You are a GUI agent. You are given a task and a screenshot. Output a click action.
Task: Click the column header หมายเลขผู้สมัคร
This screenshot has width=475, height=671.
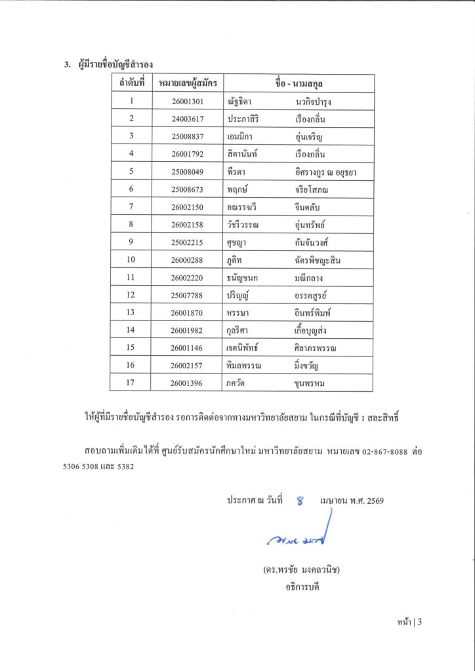[188, 84]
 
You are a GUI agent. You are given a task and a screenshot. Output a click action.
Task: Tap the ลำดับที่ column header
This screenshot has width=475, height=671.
[131, 84]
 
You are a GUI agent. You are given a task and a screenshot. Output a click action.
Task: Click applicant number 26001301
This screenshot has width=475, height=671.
[188, 102]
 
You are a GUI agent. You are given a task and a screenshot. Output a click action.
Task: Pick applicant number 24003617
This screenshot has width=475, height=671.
[188, 119]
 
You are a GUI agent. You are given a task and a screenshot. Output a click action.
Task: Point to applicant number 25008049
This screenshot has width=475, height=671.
[188, 172]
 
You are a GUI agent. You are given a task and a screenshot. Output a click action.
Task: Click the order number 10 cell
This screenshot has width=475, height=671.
[131, 261]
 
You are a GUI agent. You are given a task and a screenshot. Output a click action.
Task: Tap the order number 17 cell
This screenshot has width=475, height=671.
[131, 383]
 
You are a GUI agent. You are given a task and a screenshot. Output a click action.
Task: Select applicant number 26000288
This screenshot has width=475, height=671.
[188, 261]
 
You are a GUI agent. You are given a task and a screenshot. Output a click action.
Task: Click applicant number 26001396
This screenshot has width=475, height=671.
[188, 383]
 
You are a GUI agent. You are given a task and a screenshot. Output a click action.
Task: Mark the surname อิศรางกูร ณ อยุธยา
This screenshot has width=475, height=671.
[326, 172]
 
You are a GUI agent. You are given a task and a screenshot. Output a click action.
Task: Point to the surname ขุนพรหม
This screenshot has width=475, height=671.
[311, 383]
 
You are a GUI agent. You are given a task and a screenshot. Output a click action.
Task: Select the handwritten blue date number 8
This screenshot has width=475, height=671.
[300, 501]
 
